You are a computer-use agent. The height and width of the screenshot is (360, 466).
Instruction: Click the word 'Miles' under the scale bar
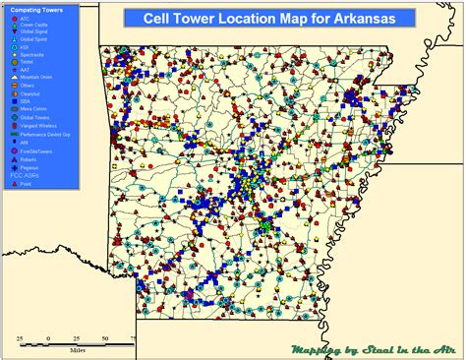pyautogui.click(x=77, y=348)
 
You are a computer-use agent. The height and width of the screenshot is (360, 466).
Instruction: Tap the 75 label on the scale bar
pyautogui.click(x=132, y=337)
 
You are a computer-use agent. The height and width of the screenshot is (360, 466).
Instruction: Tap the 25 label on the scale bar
pyautogui.click(x=19, y=337)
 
